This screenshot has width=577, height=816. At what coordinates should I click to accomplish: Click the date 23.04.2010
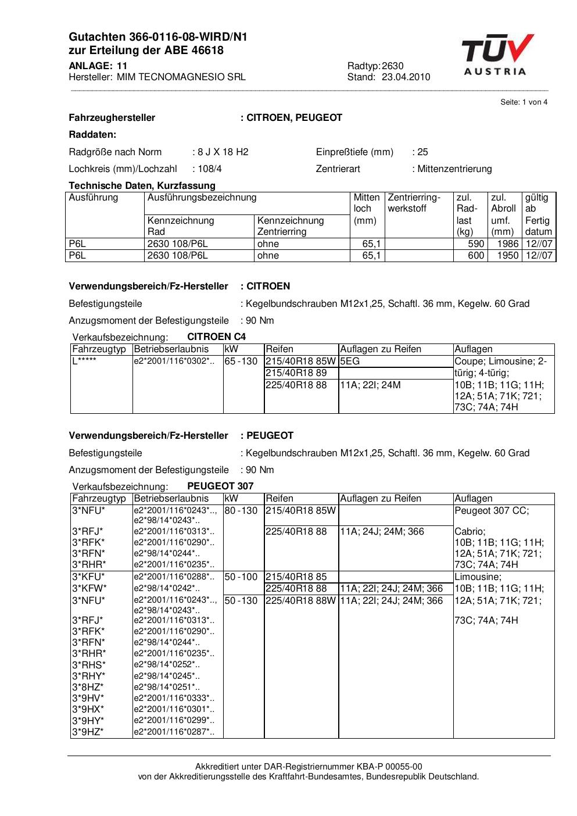(x=406, y=77)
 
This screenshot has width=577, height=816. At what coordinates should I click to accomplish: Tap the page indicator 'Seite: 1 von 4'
(x=524, y=102)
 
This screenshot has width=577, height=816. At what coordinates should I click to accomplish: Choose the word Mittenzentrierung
(x=454, y=169)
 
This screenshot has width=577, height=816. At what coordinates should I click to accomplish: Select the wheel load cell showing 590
(x=476, y=244)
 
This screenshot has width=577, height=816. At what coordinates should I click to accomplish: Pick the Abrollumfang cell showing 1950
(x=508, y=255)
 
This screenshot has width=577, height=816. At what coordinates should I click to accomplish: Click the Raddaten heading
(x=92, y=134)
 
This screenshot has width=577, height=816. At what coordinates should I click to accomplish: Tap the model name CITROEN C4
(x=216, y=337)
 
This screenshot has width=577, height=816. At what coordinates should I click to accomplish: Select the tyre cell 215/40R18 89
(x=296, y=373)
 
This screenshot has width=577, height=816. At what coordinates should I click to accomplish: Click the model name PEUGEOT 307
(x=220, y=486)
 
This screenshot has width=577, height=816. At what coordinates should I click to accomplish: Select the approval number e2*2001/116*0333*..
(x=174, y=697)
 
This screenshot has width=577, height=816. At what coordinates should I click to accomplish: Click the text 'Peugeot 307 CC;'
(x=492, y=510)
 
